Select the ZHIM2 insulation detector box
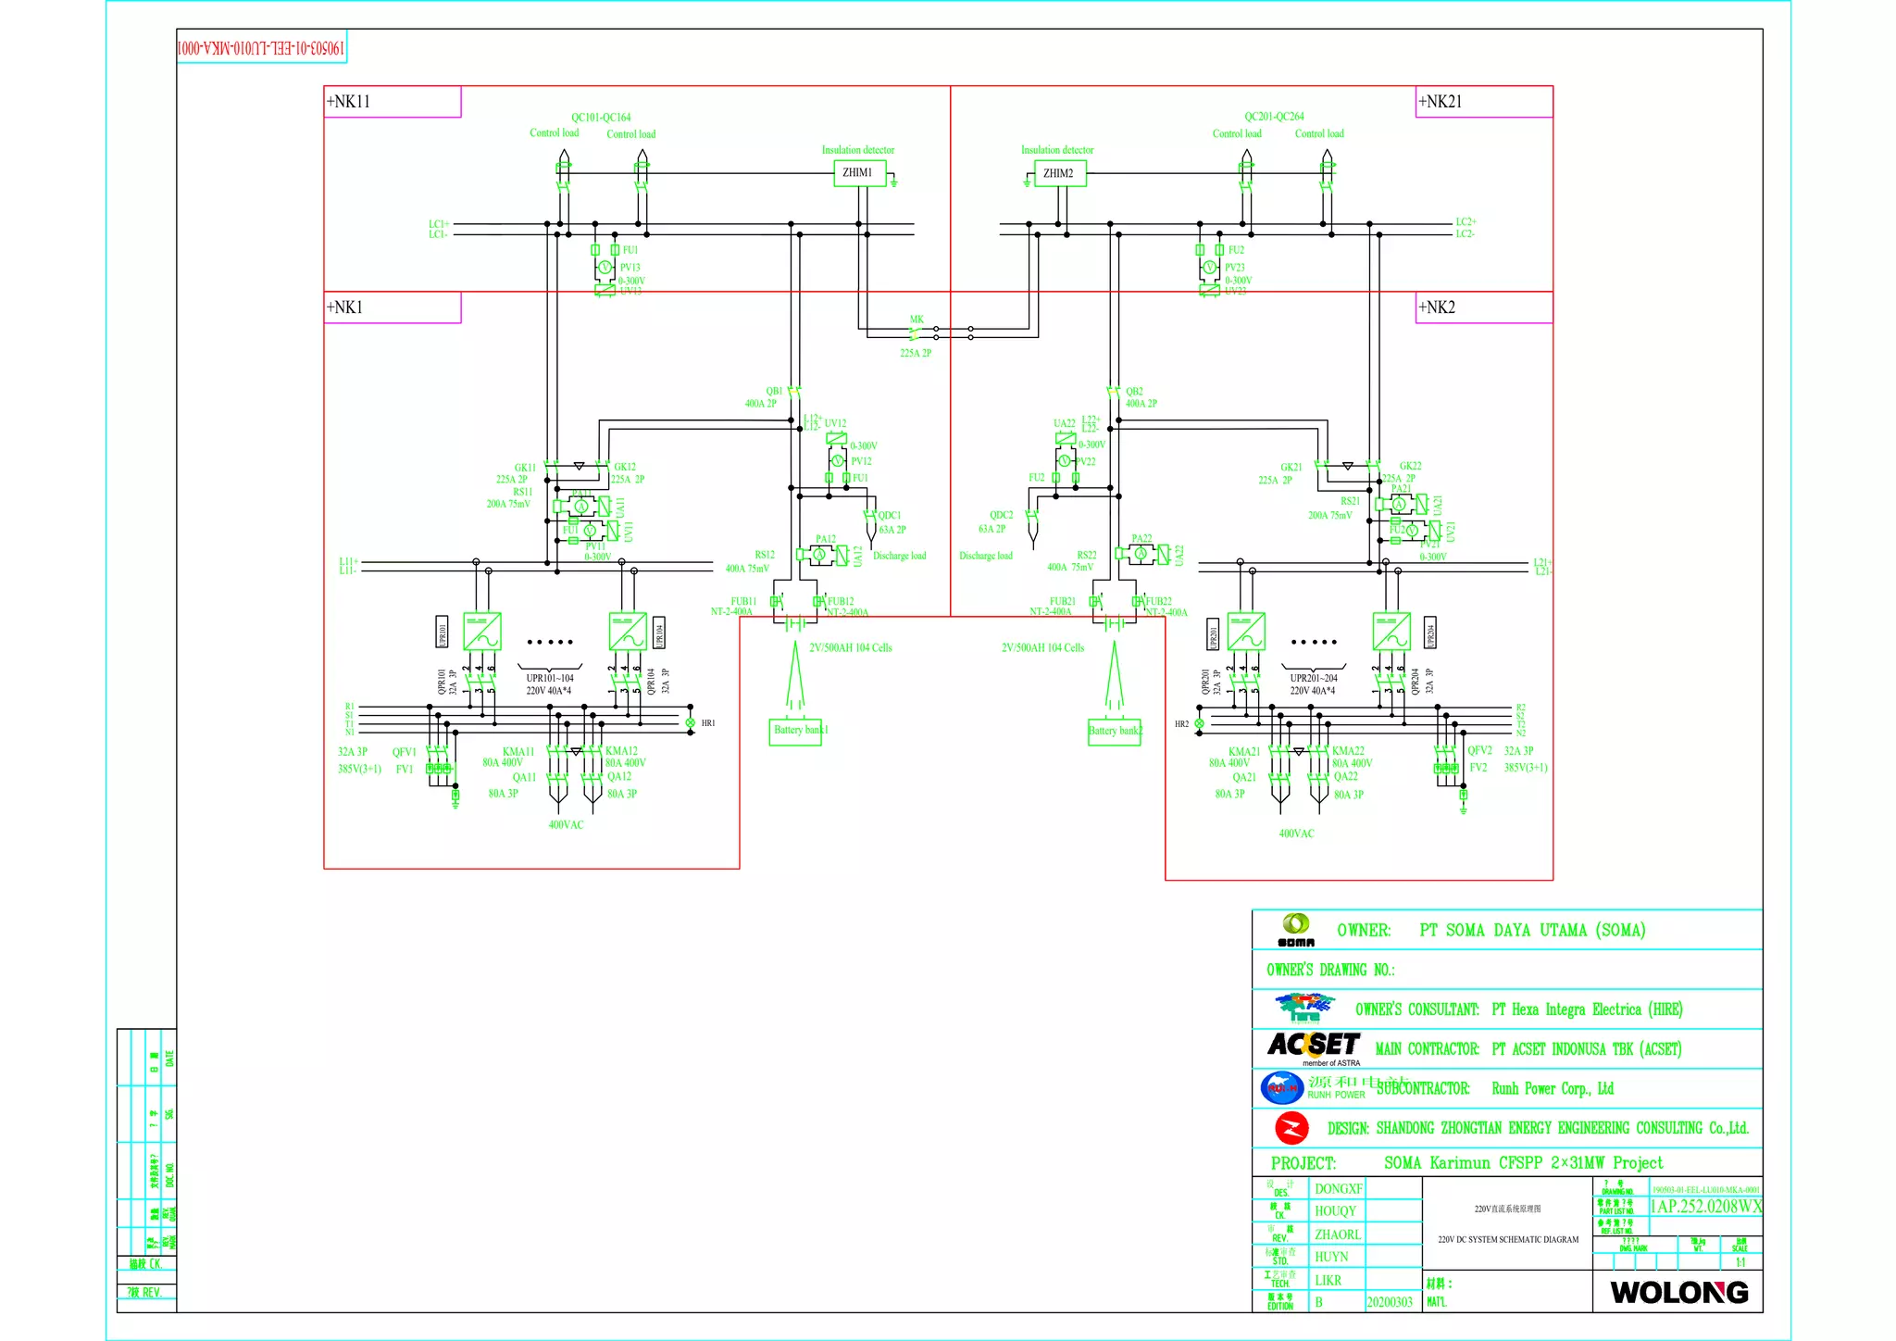click(x=1059, y=173)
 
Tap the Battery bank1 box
click(x=795, y=731)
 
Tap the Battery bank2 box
click(x=1115, y=732)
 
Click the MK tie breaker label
click(x=917, y=320)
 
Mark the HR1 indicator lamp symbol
click(x=690, y=722)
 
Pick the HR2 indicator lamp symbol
click(x=1199, y=723)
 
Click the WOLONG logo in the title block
click(x=1678, y=1292)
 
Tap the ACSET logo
click(x=1313, y=1046)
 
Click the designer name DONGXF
click(x=1338, y=1189)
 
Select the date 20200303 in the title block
click(x=1390, y=1302)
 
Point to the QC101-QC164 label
click(x=601, y=118)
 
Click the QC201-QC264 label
click(x=1274, y=117)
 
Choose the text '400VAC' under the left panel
click(x=566, y=825)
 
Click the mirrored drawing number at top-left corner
click(x=261, y=47)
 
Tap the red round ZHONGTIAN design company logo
click(x=1291, y=1128)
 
